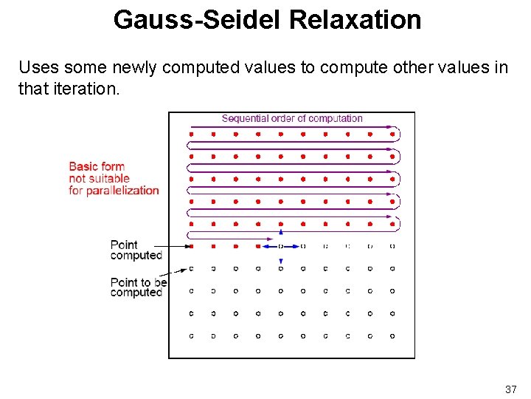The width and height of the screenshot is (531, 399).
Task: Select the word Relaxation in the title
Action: [355, 20]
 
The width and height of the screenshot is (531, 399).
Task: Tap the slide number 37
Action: [510, 389]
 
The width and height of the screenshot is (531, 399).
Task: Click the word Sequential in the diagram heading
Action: [246, 118]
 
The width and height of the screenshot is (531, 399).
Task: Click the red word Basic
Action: [84, 166]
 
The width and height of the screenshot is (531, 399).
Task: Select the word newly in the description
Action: [136, 67]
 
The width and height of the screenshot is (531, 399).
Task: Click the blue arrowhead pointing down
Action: [280, 262]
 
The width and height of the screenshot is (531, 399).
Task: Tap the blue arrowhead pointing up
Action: [280, 232]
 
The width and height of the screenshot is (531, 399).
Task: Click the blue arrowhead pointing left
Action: [266, 246]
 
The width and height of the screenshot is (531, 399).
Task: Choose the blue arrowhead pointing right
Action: [295, 246]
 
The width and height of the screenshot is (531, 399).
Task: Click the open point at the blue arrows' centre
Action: [280, 246]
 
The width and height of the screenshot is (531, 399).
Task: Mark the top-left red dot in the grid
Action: [192, 134]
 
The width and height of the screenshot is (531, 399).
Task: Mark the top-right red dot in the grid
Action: [392, 134]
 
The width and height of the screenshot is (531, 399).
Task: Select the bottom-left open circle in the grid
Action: [192, 335]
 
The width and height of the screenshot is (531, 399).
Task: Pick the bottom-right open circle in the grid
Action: [392, 335]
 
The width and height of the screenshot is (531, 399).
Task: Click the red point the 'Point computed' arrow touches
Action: [192, 246]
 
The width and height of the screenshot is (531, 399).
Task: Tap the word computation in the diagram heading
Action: [336, 118]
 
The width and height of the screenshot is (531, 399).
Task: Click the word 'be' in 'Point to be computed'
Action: [161, 282]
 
